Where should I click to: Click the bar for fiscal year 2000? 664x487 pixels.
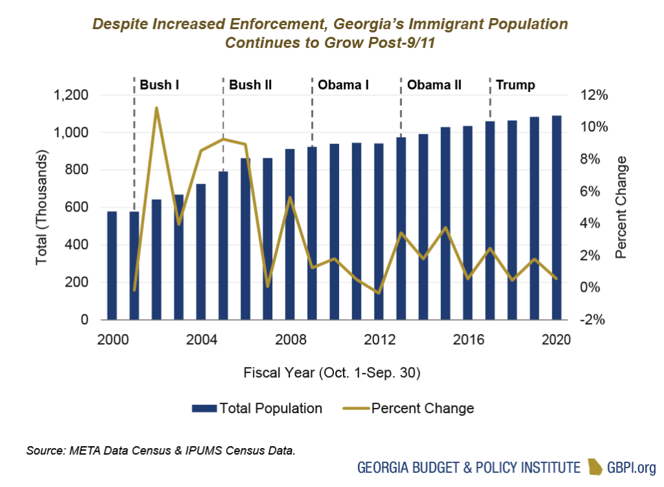pyautogui.click(x=112, y=265)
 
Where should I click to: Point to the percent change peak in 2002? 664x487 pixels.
pyautogui.click(x=156, y=108)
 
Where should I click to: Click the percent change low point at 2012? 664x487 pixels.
pyautogui.click(x=379, y=293)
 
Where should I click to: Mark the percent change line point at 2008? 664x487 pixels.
pyautogui.click(x=290, y=198)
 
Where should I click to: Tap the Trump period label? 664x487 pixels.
pyautogui.click(x=516, y=85)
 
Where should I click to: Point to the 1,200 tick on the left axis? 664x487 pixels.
pyautogui.click(x=71, y=95)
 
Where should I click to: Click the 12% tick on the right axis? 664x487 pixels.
pyautogui.click(x=595, y=95)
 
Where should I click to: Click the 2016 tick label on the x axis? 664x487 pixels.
pyautogui.click(x=468, y=340)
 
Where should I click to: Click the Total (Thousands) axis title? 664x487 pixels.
pyautogui.click(x=41, y=208)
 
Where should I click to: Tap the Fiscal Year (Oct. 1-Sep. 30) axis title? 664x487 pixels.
pyautogui.click(x=332, y=373)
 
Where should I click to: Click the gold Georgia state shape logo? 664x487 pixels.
pyautogui.click(x=595, y=467)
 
